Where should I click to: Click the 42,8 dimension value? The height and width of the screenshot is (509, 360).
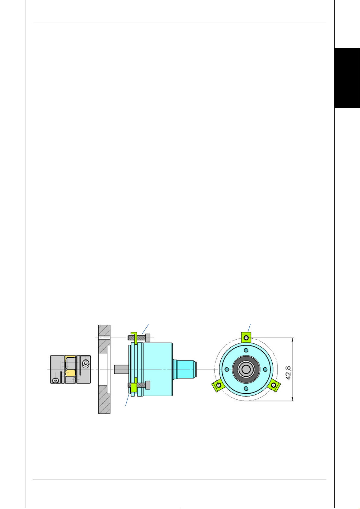288,373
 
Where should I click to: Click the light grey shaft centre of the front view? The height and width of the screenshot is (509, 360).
246,369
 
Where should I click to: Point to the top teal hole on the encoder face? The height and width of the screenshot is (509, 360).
246,350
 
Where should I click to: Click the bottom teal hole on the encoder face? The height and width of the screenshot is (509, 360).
246,388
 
